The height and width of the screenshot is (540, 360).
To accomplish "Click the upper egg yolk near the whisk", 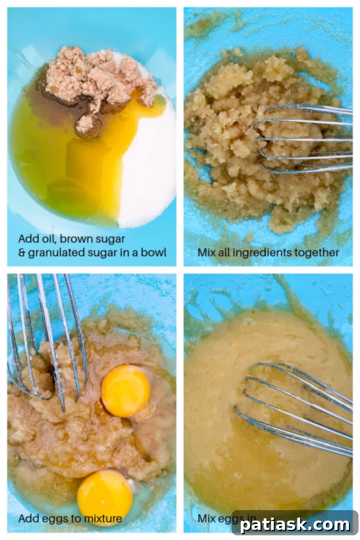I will coord(125,391).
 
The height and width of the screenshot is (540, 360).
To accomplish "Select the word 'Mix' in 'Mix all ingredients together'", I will coord(207,252).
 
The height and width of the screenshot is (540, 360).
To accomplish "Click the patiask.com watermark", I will coord(295,525).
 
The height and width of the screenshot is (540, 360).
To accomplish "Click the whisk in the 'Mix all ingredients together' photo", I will coord(302,140).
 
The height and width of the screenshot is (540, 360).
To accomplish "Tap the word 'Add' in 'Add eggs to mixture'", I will coord(27,519).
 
